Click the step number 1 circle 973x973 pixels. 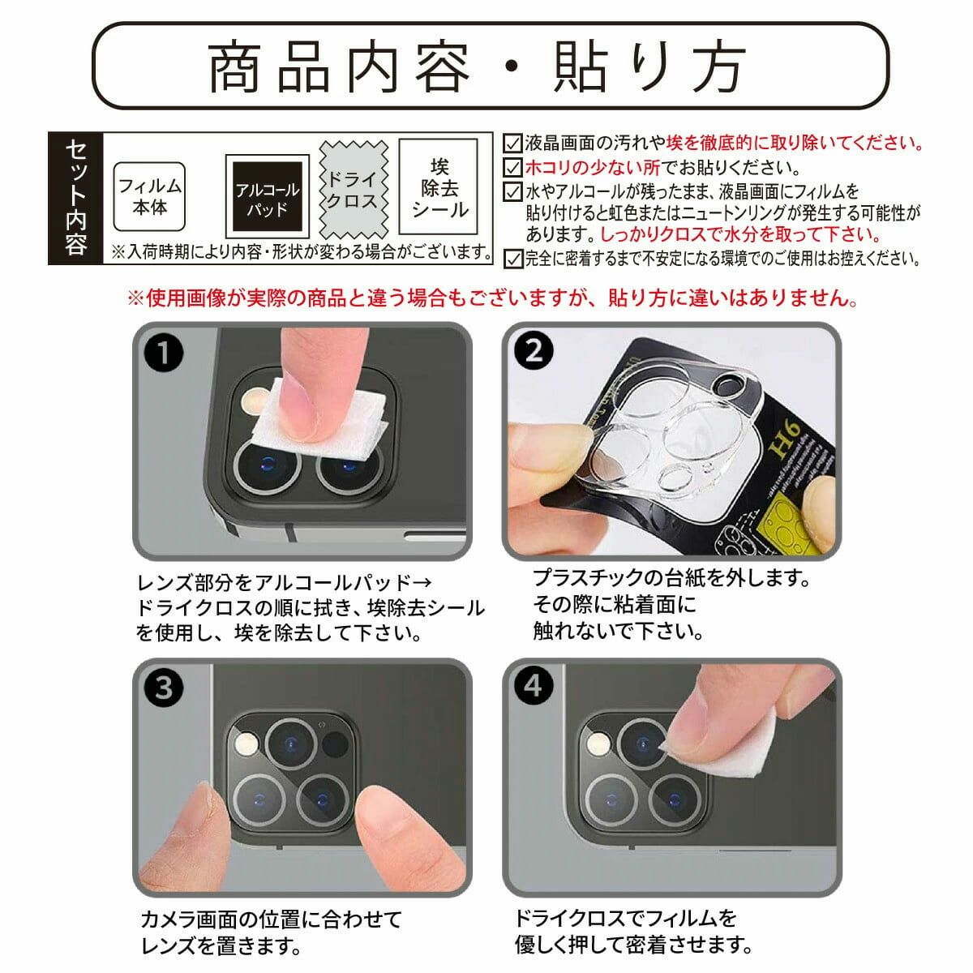click(164, 352)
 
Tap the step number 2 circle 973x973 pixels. click(534, 350)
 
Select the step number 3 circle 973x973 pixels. click(164, 688)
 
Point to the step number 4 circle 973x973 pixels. click(534, 686)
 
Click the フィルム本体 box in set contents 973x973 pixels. click(149, 196)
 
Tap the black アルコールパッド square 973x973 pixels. click(267, 196)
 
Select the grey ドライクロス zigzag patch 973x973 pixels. click(354, 190)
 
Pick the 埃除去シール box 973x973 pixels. click(439, 186)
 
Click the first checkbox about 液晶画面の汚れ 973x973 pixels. click(512, 143)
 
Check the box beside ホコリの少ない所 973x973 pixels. click(512, 167)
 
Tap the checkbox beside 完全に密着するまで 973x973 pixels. click(512, 259)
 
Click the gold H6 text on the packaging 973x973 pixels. click(786, 439)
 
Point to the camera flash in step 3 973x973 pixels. click(247, 744)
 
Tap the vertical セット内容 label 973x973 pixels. click(75, 198)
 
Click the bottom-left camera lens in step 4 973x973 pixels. click(611, 800)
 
